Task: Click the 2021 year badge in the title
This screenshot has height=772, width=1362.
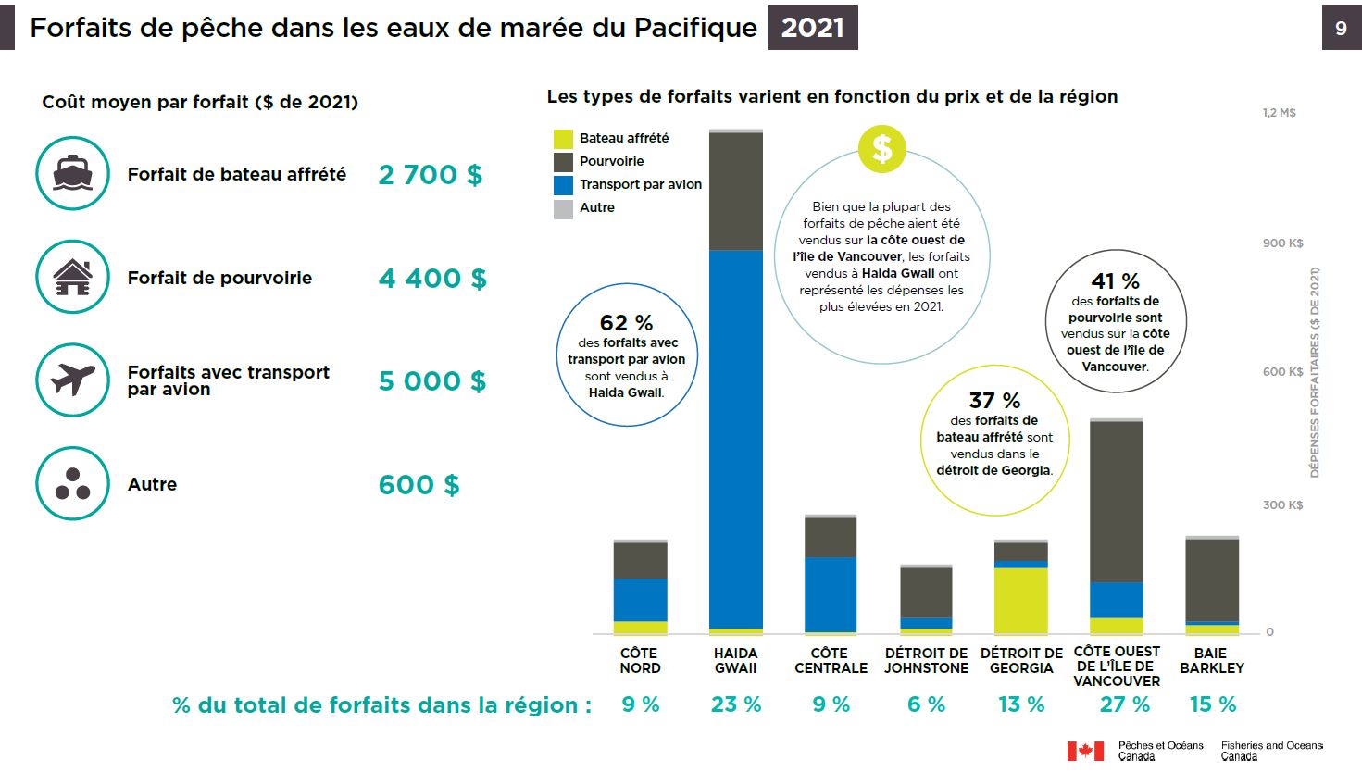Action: pos(812,28)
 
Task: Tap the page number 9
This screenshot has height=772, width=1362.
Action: pos(1341,29)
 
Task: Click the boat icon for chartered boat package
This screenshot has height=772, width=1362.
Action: pos(72,174)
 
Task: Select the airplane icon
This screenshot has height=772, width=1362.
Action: pos(72,380)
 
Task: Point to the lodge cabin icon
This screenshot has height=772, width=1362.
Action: pos(72,277)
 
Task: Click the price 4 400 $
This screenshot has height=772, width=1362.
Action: pos(431,279)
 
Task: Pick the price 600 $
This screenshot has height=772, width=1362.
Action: pos(419,485)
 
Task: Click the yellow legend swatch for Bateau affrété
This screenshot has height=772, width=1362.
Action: pos(563,139)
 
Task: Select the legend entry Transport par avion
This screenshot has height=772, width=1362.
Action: pos(640,184)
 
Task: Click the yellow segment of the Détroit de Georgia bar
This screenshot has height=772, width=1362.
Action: pos(1020,600)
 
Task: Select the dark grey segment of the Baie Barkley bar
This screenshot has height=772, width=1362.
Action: pos(1211,579)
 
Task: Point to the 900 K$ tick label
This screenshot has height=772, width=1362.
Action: pos(1282,243)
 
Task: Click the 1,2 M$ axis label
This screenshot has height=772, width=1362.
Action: pos(1279,113)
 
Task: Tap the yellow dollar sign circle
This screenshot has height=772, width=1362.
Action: pos(881,149)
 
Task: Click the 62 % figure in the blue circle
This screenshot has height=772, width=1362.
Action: pos(626,323)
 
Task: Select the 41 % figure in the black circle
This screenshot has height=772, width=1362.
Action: pos(1115,280)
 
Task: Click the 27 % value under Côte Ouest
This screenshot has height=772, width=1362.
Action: pos(1124,704)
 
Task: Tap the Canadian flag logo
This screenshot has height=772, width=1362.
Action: pos(1085,751)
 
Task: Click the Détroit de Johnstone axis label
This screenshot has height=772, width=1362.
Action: pos(926,660)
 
